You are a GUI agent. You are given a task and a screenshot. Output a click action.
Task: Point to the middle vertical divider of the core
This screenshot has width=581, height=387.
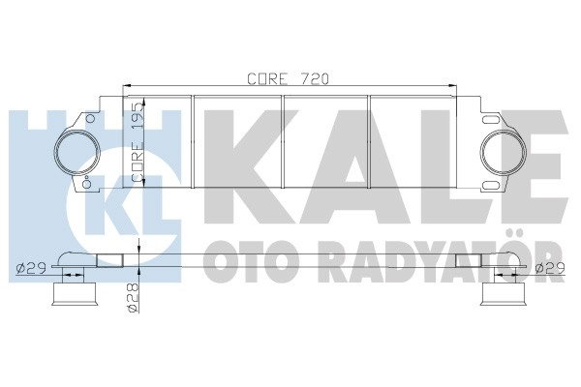[283, 143]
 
